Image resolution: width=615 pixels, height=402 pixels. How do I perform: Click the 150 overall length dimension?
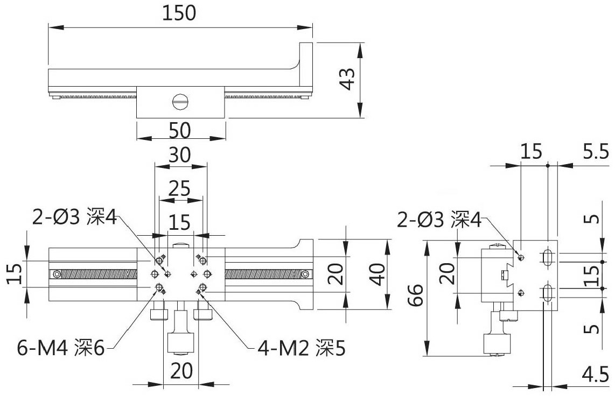179,13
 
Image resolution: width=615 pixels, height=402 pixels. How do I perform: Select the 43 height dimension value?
346,79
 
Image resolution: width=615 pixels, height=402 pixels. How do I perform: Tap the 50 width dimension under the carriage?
180,130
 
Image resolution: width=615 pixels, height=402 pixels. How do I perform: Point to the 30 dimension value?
180,155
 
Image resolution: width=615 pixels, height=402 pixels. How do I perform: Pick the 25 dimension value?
180,188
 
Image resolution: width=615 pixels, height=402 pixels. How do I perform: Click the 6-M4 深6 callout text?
61,347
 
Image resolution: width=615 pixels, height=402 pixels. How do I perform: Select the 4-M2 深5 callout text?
302,347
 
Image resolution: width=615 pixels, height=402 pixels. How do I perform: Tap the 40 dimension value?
377,274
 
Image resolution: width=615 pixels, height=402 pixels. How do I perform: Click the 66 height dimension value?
416,295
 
